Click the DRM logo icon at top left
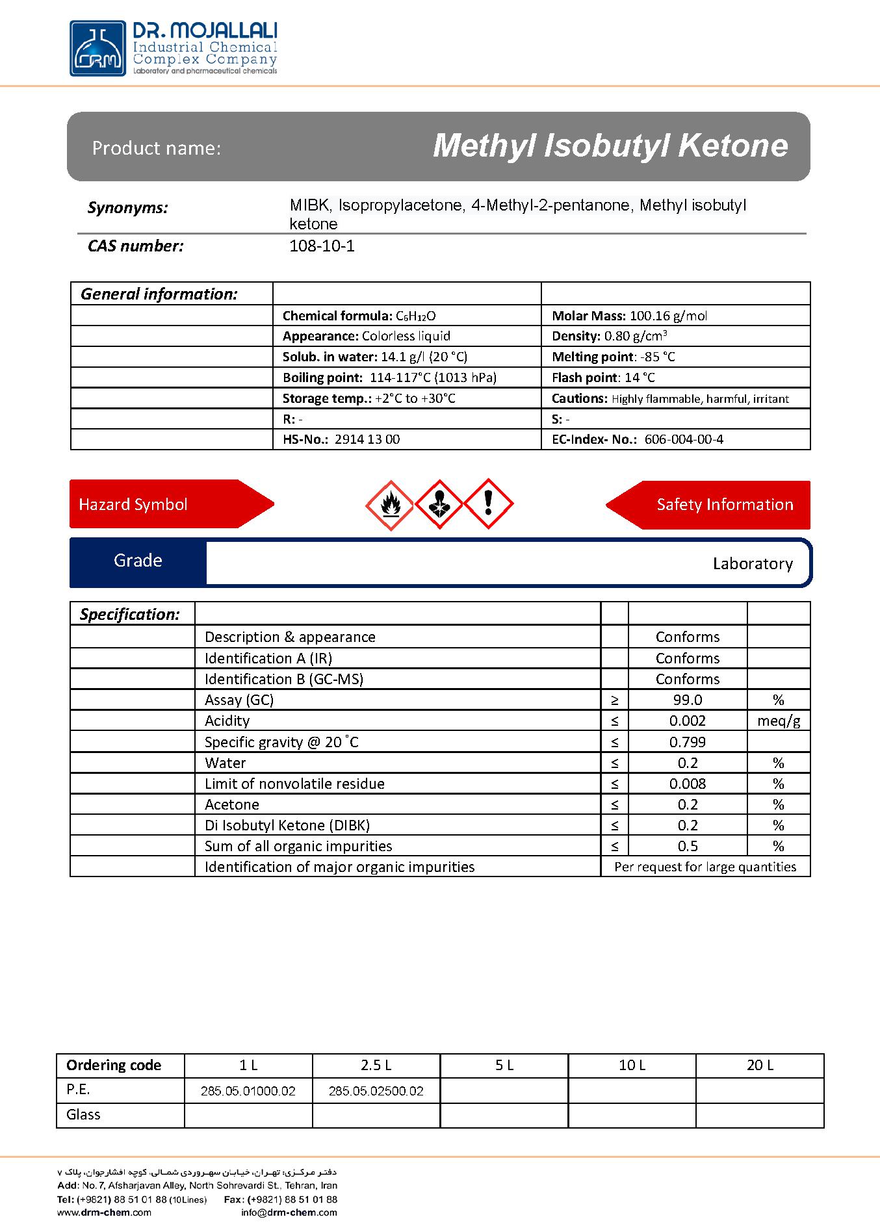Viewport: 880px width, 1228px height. point(97,48)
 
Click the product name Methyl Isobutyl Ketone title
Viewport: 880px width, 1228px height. point(610,146)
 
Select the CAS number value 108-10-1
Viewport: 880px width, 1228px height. point(322,246)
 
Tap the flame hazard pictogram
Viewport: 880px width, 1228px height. point(390,505)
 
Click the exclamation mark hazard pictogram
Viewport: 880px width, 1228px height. point(488,504)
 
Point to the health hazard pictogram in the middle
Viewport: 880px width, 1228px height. point(439,504)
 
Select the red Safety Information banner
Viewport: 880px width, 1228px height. point(715,505)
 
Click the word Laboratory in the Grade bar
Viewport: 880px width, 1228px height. point(753,563)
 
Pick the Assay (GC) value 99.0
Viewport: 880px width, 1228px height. point(688,700)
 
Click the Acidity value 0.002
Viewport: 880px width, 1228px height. point(688,721)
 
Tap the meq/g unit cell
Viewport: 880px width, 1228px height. point(779,721)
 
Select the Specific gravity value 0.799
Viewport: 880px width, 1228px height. point(688,742)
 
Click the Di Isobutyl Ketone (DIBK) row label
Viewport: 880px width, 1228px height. point(287,825)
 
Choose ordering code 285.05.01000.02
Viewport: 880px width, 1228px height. point(248,1091)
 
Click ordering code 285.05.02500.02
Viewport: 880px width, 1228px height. point(376,1091)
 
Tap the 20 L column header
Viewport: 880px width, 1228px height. point(760,1065)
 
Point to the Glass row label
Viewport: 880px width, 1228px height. point(83,1114)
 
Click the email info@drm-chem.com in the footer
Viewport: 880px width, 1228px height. point(289,1212)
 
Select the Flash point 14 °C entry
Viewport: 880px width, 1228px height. point(603,377)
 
